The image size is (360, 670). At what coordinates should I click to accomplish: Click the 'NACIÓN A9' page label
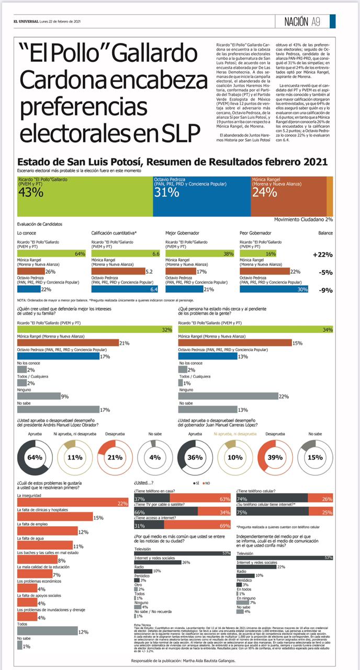click(302, 21)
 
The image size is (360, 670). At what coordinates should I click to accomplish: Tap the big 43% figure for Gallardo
click(31, 192)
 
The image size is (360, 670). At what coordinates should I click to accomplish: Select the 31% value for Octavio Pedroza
click(167, 192)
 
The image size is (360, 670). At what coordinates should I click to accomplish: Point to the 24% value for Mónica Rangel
click(265, 192)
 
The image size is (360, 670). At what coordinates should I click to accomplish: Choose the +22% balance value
click(323, 255)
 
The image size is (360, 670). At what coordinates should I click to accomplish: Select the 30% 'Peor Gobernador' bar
click(274, 288)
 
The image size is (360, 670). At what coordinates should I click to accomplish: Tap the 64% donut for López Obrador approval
click(35, 457)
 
